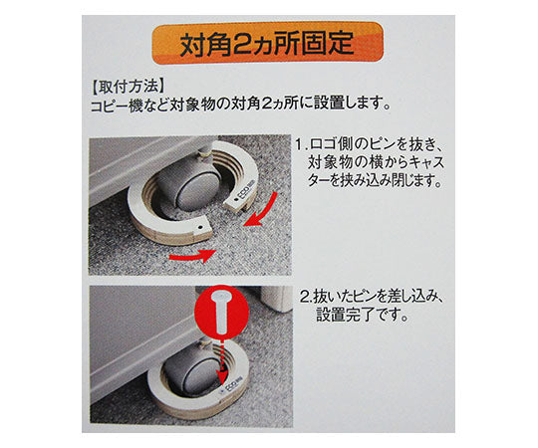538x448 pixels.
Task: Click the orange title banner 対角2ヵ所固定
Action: click(x=267, y=44)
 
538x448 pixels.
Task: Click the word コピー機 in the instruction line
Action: click(x=120, y=105)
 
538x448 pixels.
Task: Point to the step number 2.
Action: click(x=305, y=298)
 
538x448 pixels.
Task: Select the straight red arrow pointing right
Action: click(x=192, y=255)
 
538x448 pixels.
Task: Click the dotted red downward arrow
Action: click(x=223, y=360)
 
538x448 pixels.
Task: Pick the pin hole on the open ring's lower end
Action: click(x=199, y=227)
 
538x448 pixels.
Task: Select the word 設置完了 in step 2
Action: click(x=344, y=315)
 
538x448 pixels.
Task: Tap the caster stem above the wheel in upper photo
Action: click(x=205, y=151)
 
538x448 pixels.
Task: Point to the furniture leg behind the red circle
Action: click(x=277, y=298)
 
